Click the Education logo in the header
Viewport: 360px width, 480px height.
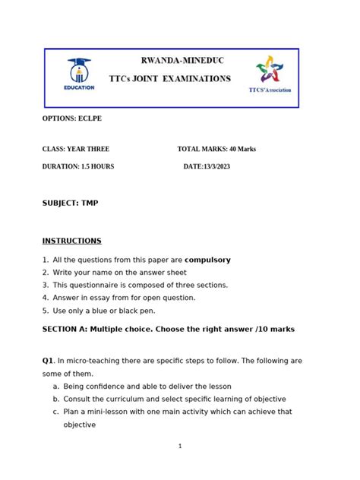coord(80,74)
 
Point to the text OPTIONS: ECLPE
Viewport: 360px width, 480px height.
coord(71,119)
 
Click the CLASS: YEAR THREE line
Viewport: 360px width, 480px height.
coord(76,149)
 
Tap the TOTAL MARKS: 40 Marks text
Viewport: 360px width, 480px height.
coord(216,149)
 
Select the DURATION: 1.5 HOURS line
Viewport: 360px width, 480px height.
coord(78,166)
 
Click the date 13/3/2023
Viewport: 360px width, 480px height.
coord(216,166)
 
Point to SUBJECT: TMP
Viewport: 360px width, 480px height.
coord(70,203)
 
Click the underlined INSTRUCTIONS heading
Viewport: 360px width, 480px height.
coord(71,241)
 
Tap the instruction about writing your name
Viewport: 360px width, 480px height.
coord(119,272)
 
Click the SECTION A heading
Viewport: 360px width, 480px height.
coord(168,329)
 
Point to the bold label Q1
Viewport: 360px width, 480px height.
coord(48,361)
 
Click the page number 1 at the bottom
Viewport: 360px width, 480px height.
coord(180,446)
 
